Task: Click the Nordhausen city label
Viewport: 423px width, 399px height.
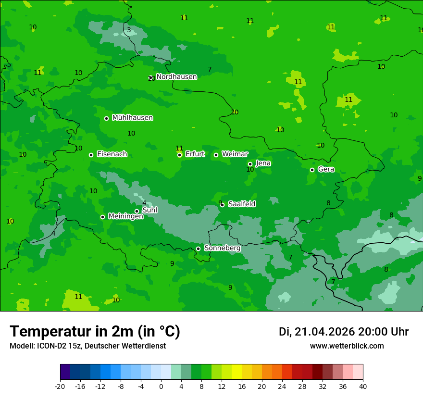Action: pos(176,77)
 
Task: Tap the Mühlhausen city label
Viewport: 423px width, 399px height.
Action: pos(132,118)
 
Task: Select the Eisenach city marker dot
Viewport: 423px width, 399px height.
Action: pos(91,155)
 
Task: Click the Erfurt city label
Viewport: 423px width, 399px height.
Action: pos(195,154)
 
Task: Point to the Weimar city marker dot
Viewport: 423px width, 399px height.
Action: pos(216,155)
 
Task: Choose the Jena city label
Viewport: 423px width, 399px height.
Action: pos(263,163)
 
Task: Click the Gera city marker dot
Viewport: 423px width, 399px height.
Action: pos(312,170)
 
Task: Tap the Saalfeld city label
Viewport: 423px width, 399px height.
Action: pos(241,204)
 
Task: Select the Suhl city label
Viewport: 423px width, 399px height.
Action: pos(149,210)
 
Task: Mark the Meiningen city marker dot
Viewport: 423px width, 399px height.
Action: pos(103,217)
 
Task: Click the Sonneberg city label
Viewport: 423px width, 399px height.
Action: pos(222,248)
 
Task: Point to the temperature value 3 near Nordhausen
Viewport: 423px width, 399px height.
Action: pos(129,30)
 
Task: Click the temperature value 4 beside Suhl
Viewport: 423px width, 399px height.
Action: pos(144,203)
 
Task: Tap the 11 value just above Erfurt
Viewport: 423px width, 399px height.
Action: pos(179,148)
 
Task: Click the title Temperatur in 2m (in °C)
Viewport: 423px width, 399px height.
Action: pos(95,331)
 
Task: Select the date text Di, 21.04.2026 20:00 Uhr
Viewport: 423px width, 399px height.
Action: pos(343,332)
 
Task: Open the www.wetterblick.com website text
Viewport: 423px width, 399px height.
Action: pos(347,346)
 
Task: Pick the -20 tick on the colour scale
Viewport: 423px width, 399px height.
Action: pos(60,386)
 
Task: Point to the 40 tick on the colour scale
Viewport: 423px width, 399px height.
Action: pos(362,386)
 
